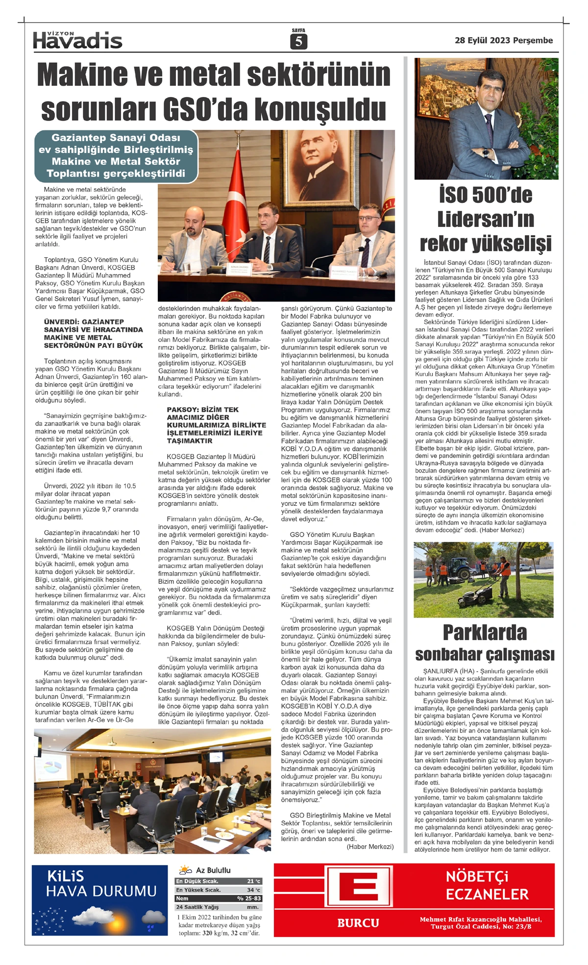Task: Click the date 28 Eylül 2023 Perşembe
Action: pos(503,41)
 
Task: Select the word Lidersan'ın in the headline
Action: pos(486,219)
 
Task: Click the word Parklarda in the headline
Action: pos(485,633)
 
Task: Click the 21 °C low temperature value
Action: pos(254,881)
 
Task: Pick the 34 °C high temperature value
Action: pos(254,890)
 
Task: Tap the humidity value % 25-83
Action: pos(249,898)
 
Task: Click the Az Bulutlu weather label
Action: pos(213,870)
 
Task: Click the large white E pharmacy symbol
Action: pos(359,889)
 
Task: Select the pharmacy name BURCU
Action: pos(358,923)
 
